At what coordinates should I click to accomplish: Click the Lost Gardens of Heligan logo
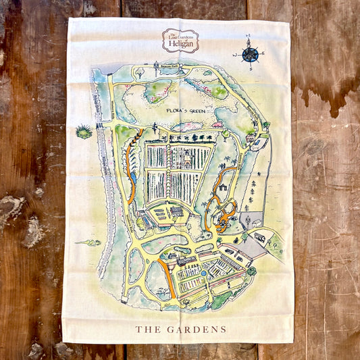pos(180,40)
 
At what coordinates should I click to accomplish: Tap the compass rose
pos(251,52)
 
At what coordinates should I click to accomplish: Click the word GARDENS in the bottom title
pos(200,330)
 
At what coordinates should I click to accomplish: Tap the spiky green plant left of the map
pos(84,131)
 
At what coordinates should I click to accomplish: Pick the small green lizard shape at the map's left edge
pos(88,242)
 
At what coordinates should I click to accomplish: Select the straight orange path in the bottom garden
pos(167,278)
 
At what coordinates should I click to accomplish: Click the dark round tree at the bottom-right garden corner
pos(251,271)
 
